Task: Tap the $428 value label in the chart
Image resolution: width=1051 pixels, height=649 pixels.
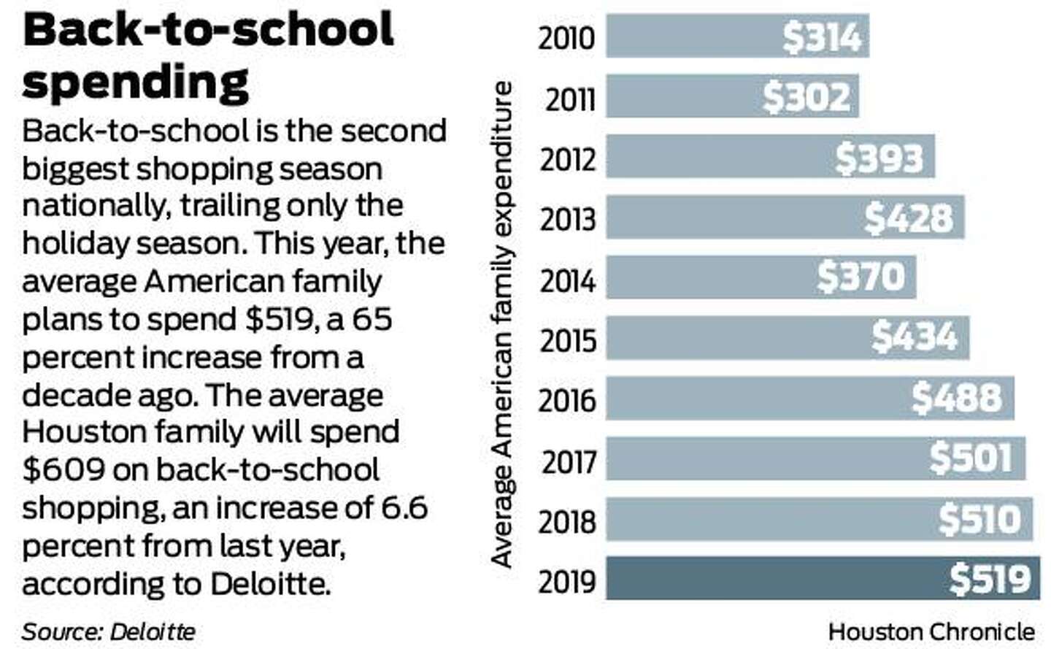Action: tap(909, 218)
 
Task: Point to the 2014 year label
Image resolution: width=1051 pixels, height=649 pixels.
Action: tap(568, 281)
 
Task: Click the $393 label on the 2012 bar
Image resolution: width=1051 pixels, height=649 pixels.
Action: tap(879, 158)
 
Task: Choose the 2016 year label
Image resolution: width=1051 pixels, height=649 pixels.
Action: tap(567, 401)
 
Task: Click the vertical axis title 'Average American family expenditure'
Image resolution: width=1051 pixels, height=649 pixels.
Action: tap(501, 325)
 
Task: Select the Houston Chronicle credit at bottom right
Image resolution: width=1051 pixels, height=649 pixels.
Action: tap(931, 631)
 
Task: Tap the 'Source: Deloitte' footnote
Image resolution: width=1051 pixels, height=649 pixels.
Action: tap(109, 631)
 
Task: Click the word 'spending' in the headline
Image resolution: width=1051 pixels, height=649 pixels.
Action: tap(136, 82)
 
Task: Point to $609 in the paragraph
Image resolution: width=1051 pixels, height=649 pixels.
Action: tap(63, 470)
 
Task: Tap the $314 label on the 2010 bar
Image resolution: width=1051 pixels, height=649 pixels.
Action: tap(822, 37)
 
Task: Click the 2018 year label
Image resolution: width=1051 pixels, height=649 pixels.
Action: tap(567, 522)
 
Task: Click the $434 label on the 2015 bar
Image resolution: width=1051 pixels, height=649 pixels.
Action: tap(914, 337)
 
